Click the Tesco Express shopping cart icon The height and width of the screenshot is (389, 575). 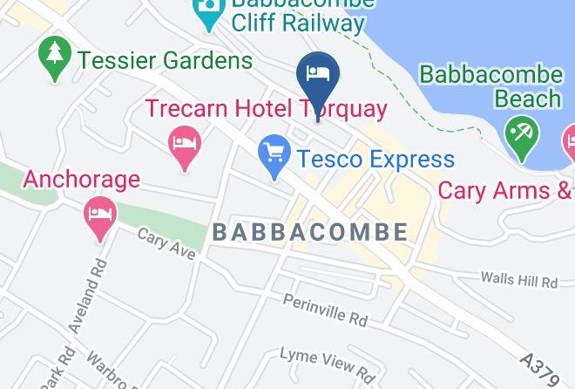(x=274, y=157)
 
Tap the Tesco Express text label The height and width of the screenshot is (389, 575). (x=375, y=160)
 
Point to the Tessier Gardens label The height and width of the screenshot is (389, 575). (x=165, y=60)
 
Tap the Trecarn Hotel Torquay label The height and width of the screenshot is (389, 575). (x=265, y=109)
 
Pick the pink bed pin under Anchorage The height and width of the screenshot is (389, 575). (x=100, y=215)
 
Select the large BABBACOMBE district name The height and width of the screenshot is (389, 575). (x=309, y=231)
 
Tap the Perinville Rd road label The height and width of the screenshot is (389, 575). (x=325, y=310)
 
